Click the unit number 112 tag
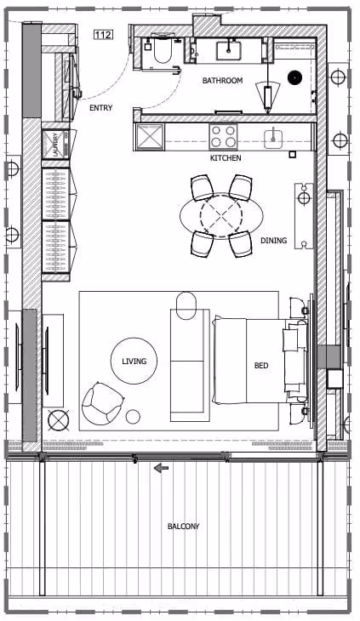coord(103,35)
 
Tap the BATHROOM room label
coord(222,81)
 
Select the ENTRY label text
coord(101,108)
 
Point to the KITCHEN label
coord(226,158)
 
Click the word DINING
coord(274,241)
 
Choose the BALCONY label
coord(183,527)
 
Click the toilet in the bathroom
coord(162,52)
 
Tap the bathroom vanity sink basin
coord(229,50)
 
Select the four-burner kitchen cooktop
coord(223,137)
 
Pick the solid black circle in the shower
coord(295,77)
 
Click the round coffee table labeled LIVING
coord(134,361)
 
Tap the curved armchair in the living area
coord(102,403)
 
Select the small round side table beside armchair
coord(133,416)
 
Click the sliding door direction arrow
coord(161,469)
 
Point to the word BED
coord(261,366)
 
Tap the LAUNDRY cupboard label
coord(55,144)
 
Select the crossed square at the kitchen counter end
coord(150,138)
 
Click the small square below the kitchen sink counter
coord(293,154)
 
